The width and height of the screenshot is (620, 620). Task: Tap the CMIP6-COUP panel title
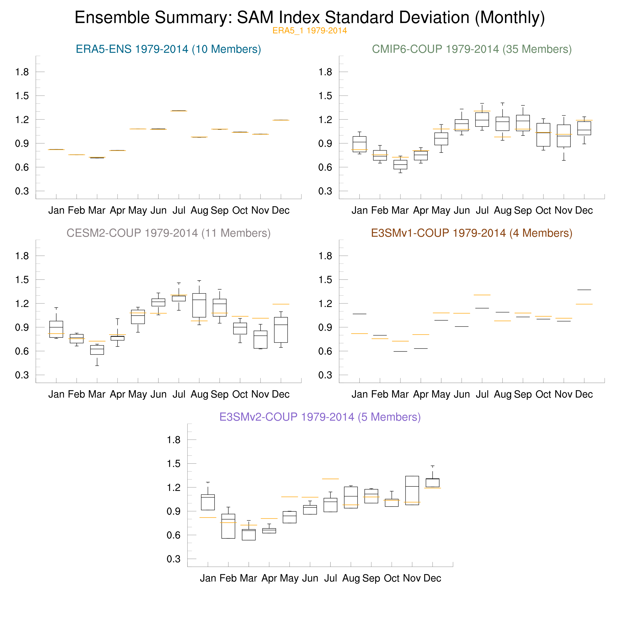coord(472,49)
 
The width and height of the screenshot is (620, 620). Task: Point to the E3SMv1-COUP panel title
coord(472,233)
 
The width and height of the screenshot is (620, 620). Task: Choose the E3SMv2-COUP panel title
coord(320,417)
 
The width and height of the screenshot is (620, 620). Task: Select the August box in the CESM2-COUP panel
coord(199,305)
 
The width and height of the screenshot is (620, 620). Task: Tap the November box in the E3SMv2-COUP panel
coord(412,490)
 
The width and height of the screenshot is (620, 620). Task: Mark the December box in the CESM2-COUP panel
coord(281,330)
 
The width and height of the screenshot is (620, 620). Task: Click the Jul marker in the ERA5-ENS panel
coord(179,111)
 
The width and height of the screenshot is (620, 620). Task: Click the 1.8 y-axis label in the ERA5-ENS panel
coord(22,72)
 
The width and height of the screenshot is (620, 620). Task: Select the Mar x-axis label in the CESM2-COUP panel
coord(97,394)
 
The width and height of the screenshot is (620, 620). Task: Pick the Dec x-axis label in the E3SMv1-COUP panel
coord(584,394)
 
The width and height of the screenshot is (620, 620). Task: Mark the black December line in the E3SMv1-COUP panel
coord(584,290)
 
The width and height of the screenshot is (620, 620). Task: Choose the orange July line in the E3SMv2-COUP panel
coord(330,479)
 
